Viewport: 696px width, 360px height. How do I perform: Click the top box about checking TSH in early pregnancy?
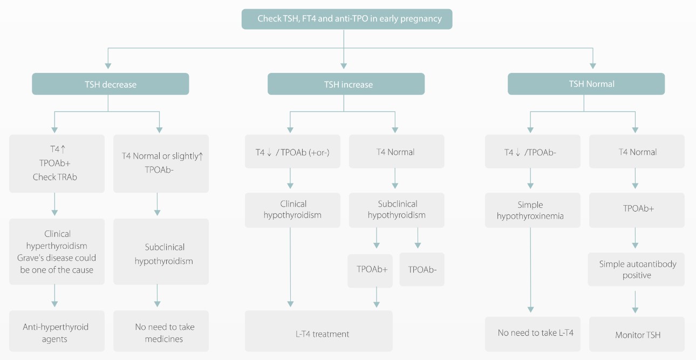pos(346,19)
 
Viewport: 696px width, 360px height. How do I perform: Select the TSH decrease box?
pos(111,84)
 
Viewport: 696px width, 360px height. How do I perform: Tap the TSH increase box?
pos(346,84)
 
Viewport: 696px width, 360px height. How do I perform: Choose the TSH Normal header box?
pos(586,84)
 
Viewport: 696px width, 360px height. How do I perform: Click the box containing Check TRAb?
pos(57,164)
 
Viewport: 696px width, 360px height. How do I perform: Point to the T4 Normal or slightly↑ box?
pos(161,164)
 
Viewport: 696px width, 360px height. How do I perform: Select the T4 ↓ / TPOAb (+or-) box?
pos(292,152)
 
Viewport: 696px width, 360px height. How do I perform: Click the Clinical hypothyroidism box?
pos(292,209)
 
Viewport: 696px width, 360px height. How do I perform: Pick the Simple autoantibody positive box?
pos(637,269)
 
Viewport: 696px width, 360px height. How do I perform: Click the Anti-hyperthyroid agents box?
pos(57,333)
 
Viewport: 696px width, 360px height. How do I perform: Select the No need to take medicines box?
pos(161,333)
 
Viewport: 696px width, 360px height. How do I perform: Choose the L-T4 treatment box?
pos(318,334)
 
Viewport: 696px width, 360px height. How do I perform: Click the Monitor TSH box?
pos(637,335)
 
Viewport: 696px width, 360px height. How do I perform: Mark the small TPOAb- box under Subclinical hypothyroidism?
pos(422,269)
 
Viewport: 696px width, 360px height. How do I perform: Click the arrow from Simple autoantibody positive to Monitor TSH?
pos(635,302)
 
